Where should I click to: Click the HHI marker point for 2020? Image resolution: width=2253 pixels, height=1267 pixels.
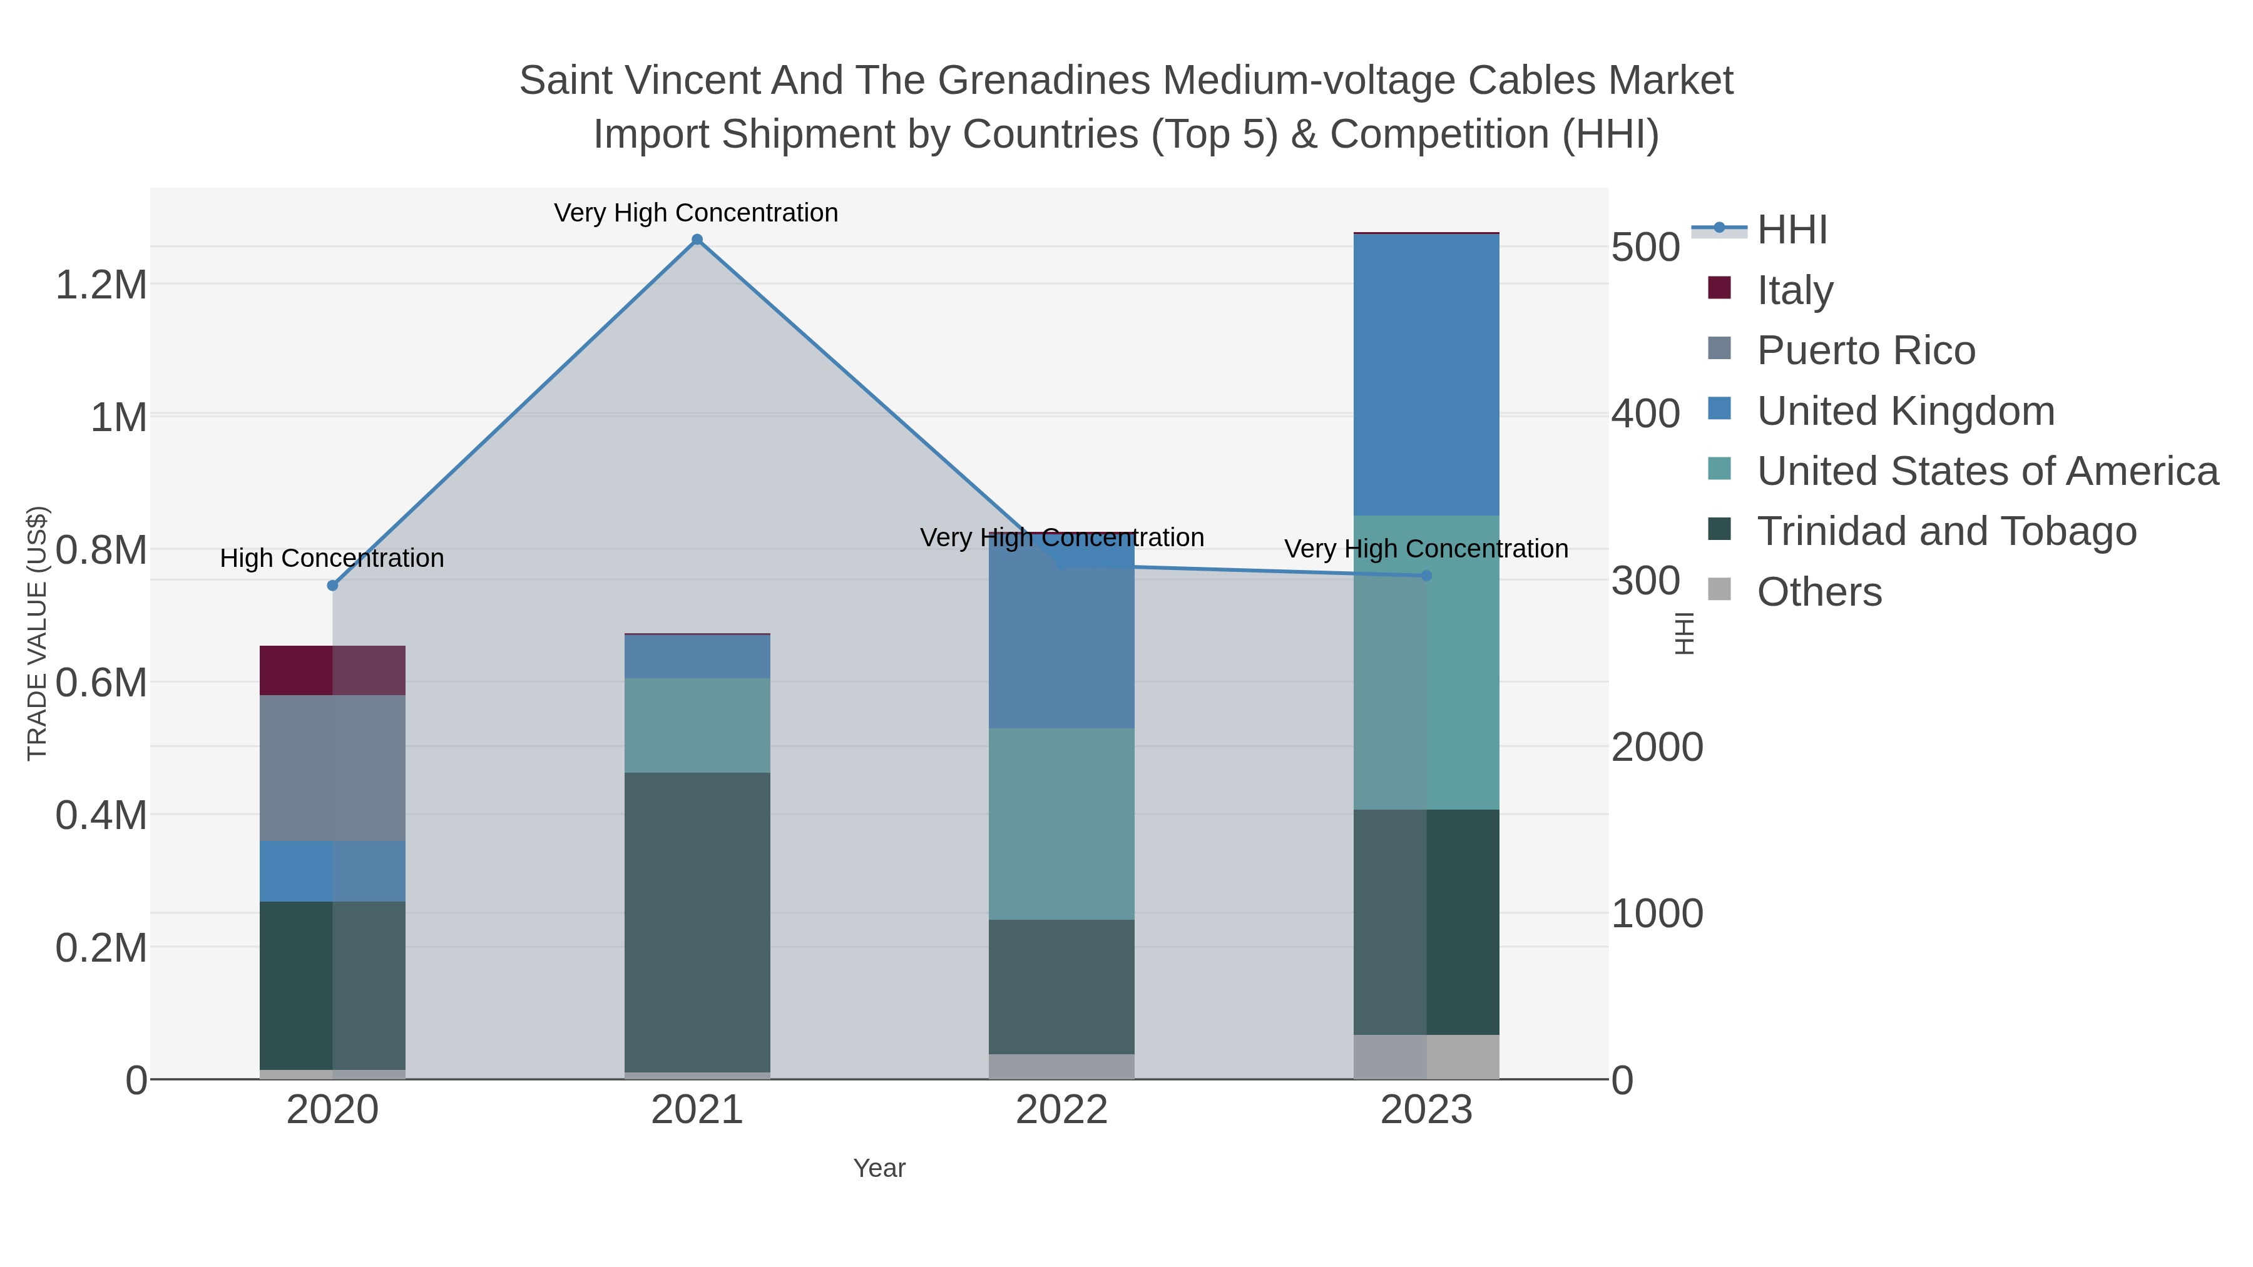[332, 586]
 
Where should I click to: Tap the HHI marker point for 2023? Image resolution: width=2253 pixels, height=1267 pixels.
[1426, 576]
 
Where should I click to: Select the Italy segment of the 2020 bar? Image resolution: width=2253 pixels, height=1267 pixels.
[332, 671]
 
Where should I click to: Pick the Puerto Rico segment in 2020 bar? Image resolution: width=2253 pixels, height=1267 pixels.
[332, 768]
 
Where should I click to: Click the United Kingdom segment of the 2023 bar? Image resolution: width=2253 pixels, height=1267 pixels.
[1426, 374]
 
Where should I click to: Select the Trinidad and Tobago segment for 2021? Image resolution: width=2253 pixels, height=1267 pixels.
[697, 922]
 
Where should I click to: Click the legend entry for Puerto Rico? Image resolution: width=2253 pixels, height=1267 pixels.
[1866, 350]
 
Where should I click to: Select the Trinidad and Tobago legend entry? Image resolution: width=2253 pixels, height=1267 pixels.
[1946, 532]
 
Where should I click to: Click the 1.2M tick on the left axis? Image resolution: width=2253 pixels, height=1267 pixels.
[101, 285]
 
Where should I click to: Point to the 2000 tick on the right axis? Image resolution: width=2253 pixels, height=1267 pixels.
[1657, 748]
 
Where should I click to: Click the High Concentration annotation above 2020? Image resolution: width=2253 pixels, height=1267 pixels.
[332, 558]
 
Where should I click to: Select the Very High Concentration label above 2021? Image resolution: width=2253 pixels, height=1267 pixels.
[696, 213]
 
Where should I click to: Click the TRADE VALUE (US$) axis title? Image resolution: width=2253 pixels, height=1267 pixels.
[37, 633]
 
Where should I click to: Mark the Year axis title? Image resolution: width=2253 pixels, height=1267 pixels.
[879, 1168]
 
